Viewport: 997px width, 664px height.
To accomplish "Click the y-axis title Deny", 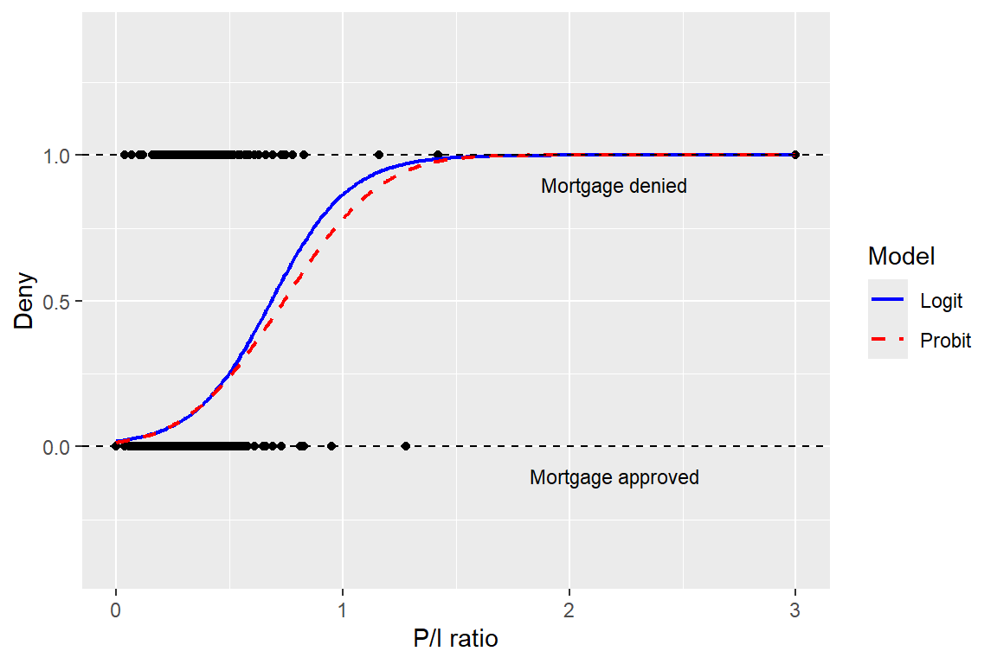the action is pos(24,301).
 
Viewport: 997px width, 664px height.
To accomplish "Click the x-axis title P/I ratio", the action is pos(455,639).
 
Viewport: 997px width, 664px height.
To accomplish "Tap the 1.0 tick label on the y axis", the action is pos(56,156).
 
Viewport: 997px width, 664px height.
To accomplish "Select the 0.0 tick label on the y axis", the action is pos(56,447).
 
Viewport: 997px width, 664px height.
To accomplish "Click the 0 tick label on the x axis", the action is pos(115,610).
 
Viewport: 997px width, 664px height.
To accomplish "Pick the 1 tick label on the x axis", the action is pos(342,610).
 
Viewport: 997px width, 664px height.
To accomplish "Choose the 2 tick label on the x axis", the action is pos(569,610).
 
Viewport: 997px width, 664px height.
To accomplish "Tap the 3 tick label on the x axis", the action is pos(794,610).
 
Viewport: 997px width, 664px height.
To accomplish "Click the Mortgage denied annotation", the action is pos(614,186).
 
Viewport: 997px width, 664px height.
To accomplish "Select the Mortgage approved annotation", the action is pos(614,477).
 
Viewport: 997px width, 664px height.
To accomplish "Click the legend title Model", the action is pos(901,256).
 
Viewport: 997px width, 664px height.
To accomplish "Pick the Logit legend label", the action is pos(941,301).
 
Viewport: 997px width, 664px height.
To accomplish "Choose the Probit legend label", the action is pos(945,341).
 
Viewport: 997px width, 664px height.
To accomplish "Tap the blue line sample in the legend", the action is pos(888,299).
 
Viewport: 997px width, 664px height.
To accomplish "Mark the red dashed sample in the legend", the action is pos(888,339).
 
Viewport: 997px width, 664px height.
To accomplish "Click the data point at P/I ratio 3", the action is pos(794,155).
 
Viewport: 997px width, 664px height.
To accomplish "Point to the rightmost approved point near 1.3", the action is pos(406,446).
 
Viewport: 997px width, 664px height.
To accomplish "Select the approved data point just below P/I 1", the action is pos(331,446).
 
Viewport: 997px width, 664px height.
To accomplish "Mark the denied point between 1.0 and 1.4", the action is pos(379,155).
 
